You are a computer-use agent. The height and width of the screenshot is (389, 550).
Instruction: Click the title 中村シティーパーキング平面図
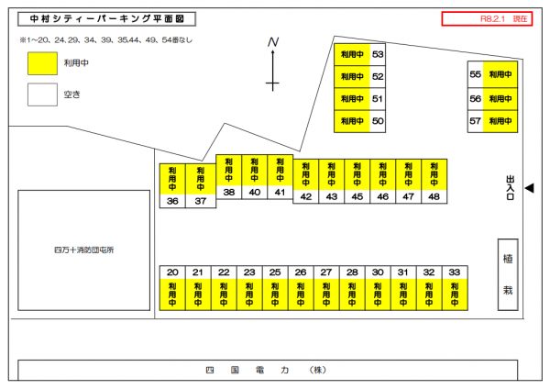coord(106,18)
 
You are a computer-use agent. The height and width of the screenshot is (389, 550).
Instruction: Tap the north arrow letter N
coord(273,42)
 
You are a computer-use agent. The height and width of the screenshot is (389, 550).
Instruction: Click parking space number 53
coord(378,55)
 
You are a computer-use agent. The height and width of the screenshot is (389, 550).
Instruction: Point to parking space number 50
coord(378,121)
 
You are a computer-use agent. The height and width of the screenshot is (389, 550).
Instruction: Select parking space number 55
coord(475,75)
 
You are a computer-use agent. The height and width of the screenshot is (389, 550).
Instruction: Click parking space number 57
coord(475,121)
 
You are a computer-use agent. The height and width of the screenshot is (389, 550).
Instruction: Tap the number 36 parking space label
coord(172,201)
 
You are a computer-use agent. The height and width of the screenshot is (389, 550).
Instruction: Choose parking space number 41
coord(280,192)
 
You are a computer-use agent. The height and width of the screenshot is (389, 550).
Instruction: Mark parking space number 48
coord(434,196)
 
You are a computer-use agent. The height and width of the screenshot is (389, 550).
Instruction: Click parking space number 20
coord(172,272)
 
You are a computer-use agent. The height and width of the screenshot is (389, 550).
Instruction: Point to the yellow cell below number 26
coord(301,295)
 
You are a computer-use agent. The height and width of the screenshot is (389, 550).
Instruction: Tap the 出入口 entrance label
coord(510,187)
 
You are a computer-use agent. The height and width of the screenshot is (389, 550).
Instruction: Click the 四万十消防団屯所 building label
coord(83,250)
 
